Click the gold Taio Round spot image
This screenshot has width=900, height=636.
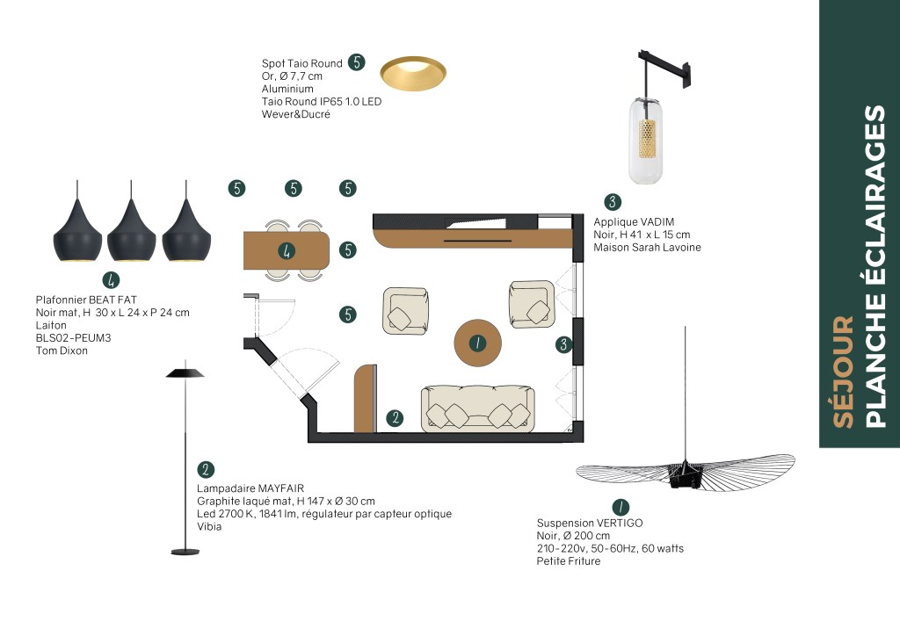click(x=413, y=73)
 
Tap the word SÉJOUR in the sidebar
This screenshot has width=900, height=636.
click(x=843, y=372)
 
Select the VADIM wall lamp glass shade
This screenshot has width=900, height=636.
click(x=645, y=141)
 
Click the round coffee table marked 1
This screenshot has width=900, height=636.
click(x=477, y=343)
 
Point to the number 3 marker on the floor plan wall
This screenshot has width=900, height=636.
click(x=563, y=344)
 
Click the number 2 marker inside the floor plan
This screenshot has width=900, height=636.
click(x=395, y=418)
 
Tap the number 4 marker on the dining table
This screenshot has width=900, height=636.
click(x=287, y=250)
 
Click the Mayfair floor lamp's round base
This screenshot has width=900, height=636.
click(x=185, y=552)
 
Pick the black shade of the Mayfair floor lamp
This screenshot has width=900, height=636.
click(x=185, y=372)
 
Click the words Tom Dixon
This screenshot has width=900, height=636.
click(x=62, y=351)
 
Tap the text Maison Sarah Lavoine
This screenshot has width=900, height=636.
click(x=647, y=247)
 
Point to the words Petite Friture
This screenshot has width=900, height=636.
click(x=569, y=560)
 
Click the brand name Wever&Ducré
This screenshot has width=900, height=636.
click(x=295, y=114)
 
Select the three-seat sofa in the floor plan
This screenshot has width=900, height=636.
click(x=478, y=408)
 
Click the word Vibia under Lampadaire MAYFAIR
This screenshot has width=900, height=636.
click(x=209, y=526)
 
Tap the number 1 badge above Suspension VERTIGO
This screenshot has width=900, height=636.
click(x=621, y=508)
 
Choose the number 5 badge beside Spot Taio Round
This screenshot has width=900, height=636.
click(x=357, y=62)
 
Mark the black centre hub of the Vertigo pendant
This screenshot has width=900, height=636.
click(x=686, y=475)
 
